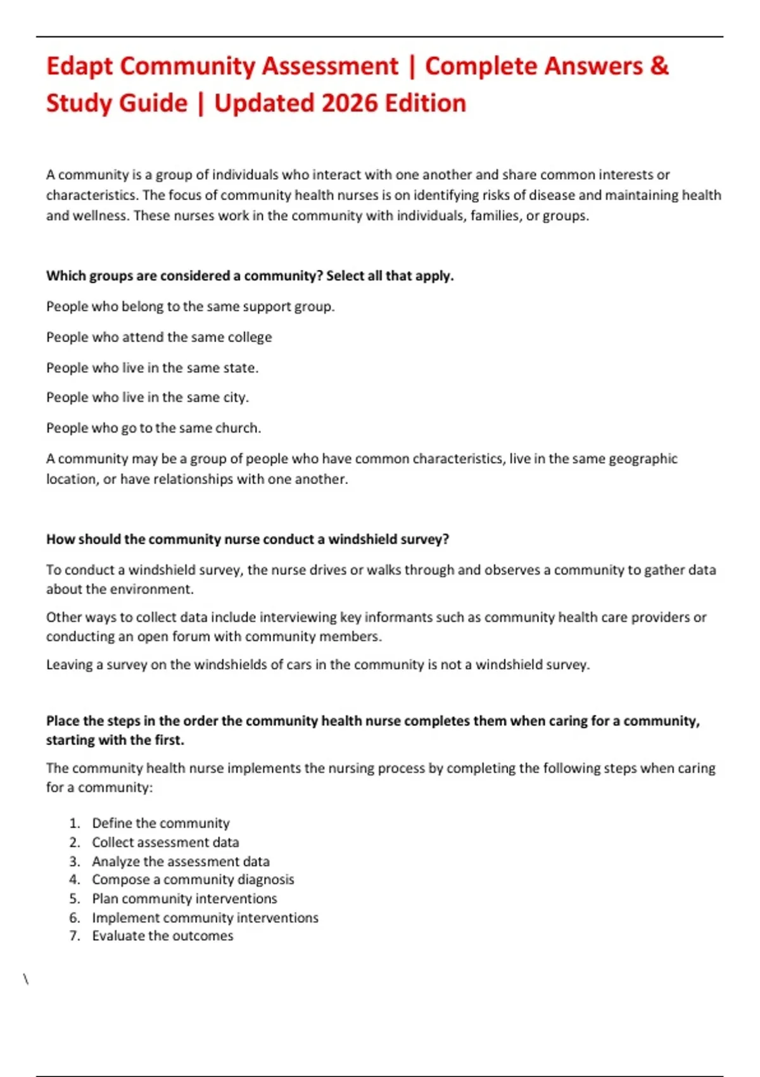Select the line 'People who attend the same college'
pos(159,337)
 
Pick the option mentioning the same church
pos(153,428)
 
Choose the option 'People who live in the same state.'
pos(152,367)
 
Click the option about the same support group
pos(190,307)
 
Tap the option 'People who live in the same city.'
pos(148,398)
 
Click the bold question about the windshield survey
pos(247,539)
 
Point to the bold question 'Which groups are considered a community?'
pos(250,276)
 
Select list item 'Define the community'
pos(160,823)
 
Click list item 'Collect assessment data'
pos(165,842)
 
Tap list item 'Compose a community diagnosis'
pos(193,879)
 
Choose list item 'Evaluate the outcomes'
pos(162,936)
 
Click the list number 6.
pos(75,917)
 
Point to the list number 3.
pos(75,861)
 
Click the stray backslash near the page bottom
pos(26,979)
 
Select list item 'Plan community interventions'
pos(184,898)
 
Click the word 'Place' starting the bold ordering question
pos(62,721)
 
